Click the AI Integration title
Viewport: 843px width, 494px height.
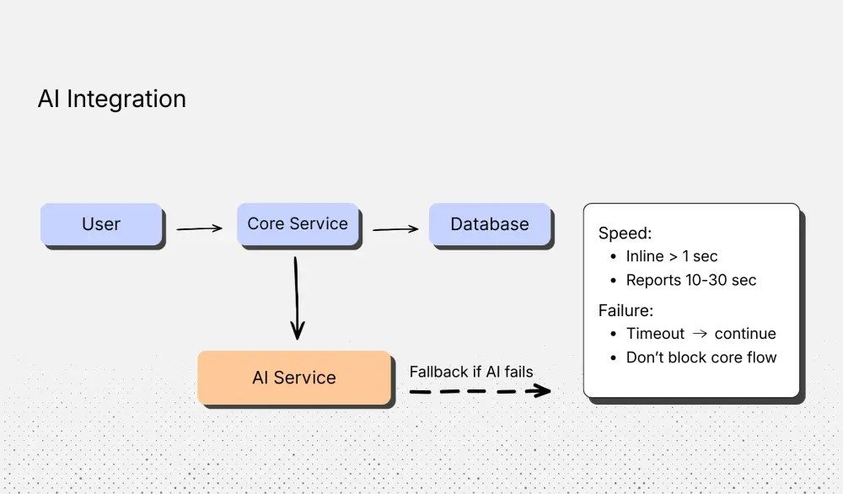pos(111,99)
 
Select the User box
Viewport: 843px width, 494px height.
pos(101,224)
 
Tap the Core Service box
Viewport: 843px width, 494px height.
pos(298,224)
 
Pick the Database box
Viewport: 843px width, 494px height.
pos(490,224)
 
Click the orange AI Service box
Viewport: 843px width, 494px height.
pos(294,378)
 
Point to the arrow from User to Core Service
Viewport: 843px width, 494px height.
pos(199,228)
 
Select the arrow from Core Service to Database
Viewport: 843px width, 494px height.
pos(395,228)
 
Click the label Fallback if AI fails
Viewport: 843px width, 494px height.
pos(471,372)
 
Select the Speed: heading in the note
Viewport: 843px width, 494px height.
pos(626,234)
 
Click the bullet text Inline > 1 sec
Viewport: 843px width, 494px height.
pos(672,256)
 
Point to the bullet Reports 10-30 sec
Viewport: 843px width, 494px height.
pos(691,280)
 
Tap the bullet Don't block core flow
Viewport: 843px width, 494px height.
pos(701,357)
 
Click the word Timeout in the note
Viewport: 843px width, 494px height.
pos(655,334)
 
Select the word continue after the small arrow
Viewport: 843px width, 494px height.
pos(745,334)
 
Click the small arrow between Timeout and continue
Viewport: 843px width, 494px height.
pos(700,334)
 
